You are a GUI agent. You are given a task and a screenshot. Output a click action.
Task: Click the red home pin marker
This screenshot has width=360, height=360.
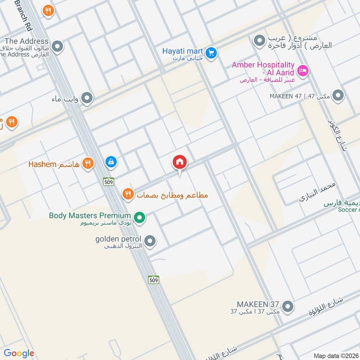pyautogui.click(x=180, y=162)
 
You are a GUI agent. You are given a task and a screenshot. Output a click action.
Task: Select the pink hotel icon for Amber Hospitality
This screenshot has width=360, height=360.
pyautogui.click(x=303, y=70)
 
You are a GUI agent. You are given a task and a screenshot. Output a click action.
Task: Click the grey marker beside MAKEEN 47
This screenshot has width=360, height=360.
pyautogui.click(x=338, y=96)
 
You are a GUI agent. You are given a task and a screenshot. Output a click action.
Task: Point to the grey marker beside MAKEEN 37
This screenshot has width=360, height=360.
pyautogui.click(x=288, y=307)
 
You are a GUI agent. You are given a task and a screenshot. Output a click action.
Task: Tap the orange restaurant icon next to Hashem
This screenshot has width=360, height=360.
pyautogui.click(x=88, y=163)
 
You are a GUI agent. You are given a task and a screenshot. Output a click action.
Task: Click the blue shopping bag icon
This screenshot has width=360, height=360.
pyautogui.click(x=110, y=162)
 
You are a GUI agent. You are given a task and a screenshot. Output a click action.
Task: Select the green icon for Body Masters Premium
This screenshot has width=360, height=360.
pyautogui.click(x=140, y=218)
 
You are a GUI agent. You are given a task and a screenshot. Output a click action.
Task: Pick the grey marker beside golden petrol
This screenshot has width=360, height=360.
pyautogui.click(x=150, y=241)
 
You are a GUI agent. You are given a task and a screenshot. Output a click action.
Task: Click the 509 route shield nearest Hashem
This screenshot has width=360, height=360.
pyautogui.click(x=108, y=182)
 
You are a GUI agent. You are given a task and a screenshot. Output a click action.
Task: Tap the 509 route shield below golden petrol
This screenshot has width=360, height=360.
pyautogui.click(x=154, y=280)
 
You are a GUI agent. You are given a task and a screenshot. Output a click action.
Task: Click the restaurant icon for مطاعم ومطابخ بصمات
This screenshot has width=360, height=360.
pyautogui.click(x=128, y=194)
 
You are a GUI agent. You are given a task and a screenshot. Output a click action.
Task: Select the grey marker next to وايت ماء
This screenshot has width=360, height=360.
pyautogui.click(x=87, y=98)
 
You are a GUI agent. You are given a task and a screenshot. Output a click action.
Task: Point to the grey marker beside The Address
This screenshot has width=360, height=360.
pyautogui.click(x=57, y=46)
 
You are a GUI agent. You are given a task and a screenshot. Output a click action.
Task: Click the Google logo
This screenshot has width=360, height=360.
pyautogui.click(x=19, y=353)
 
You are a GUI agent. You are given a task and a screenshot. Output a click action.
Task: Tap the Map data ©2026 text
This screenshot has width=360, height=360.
pyautogui.click(x=335, y=355)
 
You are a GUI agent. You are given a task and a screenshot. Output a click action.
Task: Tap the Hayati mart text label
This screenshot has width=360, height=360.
pyautogui.click(x=183, y=51)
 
